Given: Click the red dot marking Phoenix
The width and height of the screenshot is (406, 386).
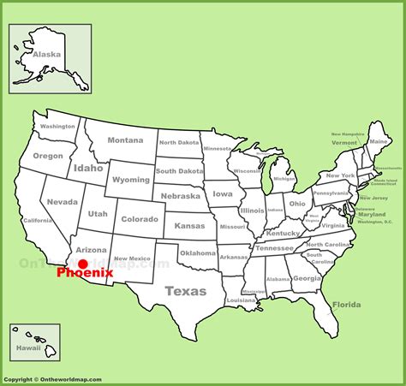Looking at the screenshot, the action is pyautogui.click(x=83, y=264).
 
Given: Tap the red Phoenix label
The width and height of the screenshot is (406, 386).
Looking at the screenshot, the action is pyautogui.click(x=84, y=275).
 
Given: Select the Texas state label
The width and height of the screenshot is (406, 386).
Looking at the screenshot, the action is pyautogui.click(x=185, y=291).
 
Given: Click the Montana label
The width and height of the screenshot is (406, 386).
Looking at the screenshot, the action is pyautogui.click(x=125, y=140).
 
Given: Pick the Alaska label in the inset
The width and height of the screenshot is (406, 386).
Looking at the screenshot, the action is pyautogui.click(x=47, y=55).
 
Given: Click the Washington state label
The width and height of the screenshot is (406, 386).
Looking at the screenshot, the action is pyautogui.click(x=58, y=127).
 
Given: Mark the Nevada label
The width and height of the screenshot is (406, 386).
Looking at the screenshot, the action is pyautogui.click(x=62, y=202).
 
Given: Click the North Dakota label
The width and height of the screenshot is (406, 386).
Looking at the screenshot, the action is pyautogui.click(x=178, y=143).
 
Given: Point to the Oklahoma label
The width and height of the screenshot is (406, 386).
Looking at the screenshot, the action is pyautogui.click(x=198, y=253).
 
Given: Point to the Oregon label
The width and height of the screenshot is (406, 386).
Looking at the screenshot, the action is pyautogui.click(x=48, y=156).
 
